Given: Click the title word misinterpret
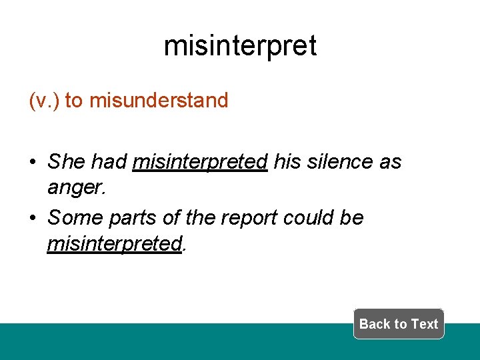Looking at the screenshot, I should click(240, 46).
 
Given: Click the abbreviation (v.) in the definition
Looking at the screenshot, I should click(44, 101).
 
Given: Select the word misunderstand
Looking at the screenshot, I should click(159, 101).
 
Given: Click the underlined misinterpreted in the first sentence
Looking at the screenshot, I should click(200, 161).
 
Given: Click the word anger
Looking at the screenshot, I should click(75, 188).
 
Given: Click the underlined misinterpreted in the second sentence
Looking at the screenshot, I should click(114, 244).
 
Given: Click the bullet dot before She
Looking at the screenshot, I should click(33, 162).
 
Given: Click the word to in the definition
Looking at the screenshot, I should click(74, 101).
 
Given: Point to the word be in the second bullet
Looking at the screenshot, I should click(352, 218).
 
